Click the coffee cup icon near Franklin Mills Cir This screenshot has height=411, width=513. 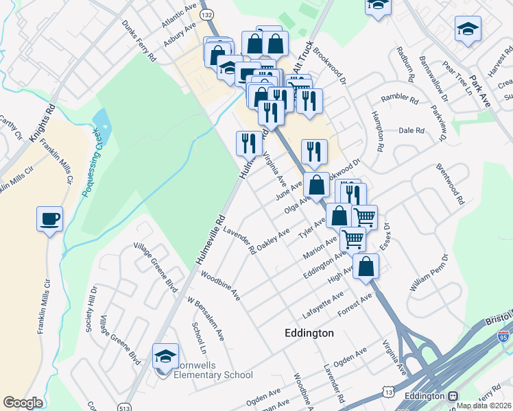(x=49, y=219)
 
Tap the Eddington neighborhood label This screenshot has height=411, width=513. (x=309, y=333)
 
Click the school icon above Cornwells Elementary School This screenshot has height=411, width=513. (x=165, y=356)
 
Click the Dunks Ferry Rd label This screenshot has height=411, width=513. (x=139, y=40)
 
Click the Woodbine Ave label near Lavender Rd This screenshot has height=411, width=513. (x=221, y=286)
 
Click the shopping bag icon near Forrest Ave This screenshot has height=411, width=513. (x=367, y=266)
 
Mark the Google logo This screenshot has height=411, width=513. (x=23, y=403)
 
